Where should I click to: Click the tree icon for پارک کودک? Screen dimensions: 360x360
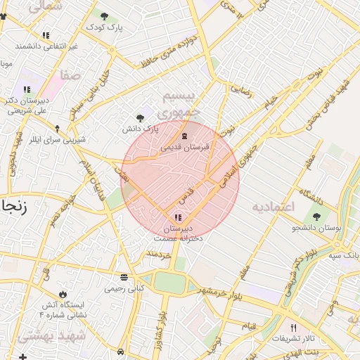(105, 16)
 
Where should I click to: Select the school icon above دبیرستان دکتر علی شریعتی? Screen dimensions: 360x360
(26, 89)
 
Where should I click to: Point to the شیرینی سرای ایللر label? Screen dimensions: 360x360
(50, 139)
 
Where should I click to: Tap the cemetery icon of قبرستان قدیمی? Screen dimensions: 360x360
(184, 136)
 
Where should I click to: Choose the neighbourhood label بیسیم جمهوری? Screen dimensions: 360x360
(179, 103)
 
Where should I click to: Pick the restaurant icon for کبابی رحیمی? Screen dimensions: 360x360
(124, 276)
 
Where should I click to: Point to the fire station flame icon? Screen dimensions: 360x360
(64, 293)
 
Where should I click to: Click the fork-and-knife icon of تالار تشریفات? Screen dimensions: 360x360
(294, 328)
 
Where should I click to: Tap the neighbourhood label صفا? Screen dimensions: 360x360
(70, 74)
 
